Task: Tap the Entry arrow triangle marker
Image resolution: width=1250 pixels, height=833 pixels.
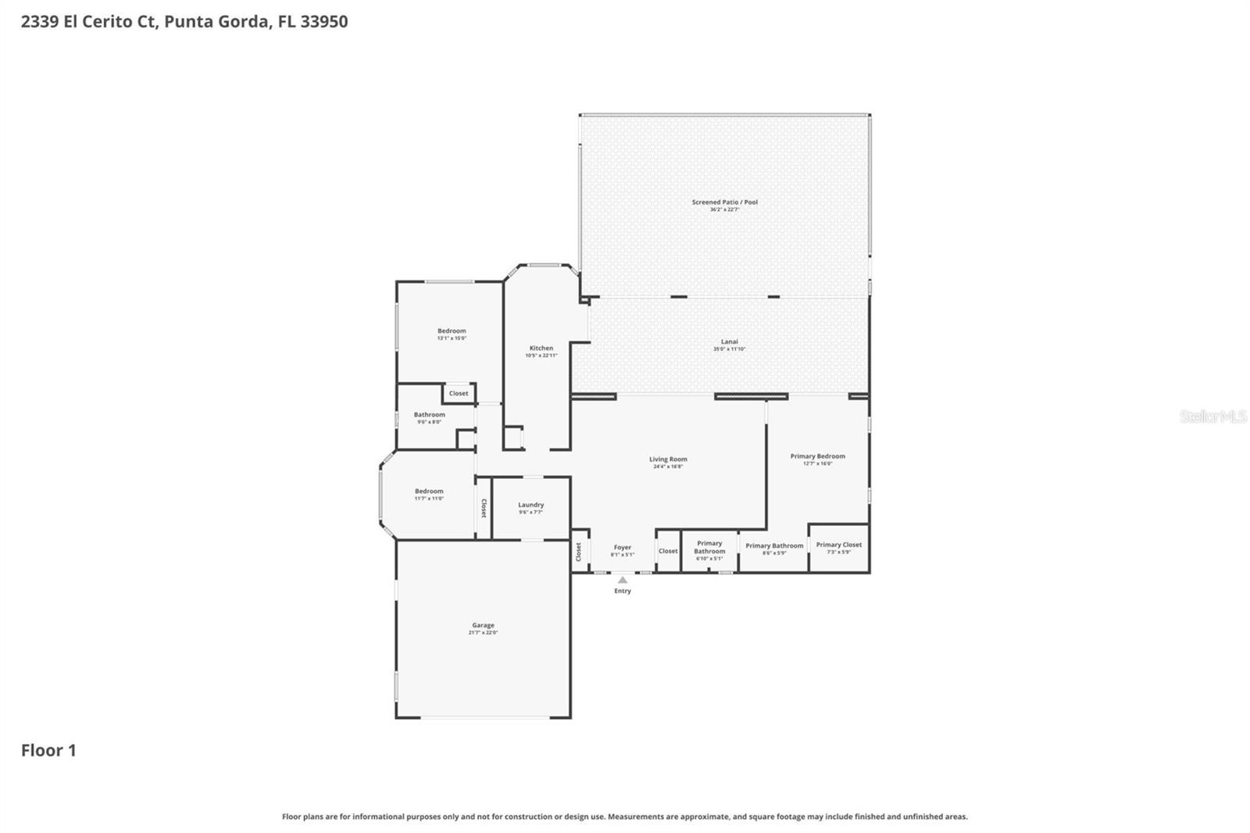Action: click(622, 581)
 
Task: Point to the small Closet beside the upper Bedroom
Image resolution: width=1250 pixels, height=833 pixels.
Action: click(459, 393)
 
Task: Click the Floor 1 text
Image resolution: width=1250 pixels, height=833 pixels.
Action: click(48, 750)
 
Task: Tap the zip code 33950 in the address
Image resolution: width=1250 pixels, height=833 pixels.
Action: click(323, 21)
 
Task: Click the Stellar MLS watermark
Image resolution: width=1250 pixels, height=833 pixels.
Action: click(1212, 417)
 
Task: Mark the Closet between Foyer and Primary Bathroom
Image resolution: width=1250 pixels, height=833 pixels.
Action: click(668, 551)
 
